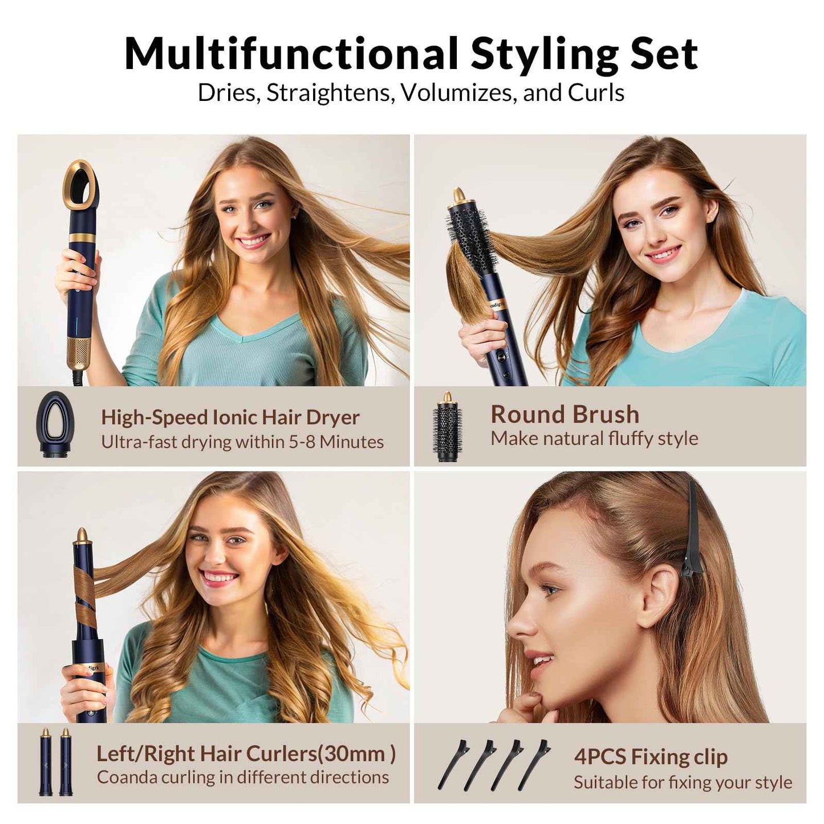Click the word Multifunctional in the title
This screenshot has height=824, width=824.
click(291, 54)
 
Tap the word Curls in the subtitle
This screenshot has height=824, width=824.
click(596, 93)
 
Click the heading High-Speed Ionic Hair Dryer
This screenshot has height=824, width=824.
click(230, 417)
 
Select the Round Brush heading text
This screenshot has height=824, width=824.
click(565, 415)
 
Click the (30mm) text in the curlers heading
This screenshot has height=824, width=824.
click(356, 754)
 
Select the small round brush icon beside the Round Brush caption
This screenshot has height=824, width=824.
click(447, 426)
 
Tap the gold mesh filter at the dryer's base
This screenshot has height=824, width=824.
click(79, 351)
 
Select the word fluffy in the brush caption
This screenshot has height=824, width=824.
click(633, 439)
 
